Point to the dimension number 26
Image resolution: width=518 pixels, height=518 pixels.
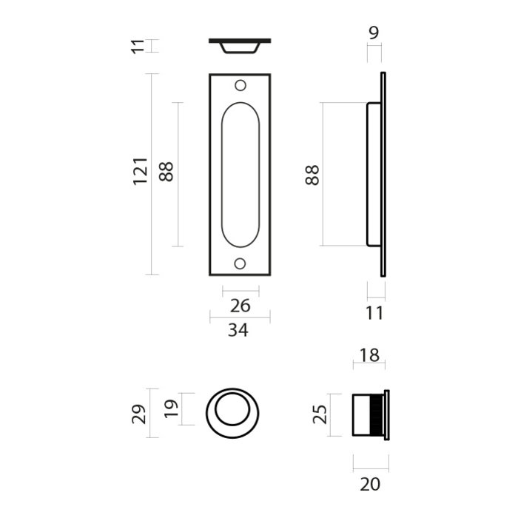click(x=240, y=306)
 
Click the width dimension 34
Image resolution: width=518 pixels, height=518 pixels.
click(x=238, y=330)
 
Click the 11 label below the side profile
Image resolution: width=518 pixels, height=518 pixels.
click(x=375, y=313)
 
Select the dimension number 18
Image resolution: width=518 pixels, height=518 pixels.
click(x=369, y=355)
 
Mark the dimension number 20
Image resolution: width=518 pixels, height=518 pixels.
click(x=370, y=485)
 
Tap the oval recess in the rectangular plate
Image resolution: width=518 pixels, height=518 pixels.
click(x=240, y=175)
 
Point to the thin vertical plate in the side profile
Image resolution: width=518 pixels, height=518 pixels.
click(x=383, y=175)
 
